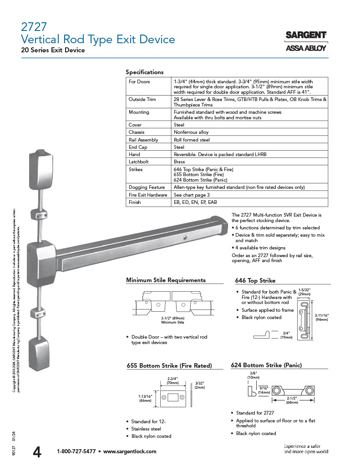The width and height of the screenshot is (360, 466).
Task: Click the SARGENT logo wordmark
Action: (x=305, y=35)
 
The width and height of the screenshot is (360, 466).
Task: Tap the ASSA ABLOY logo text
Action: (x=305, y=48)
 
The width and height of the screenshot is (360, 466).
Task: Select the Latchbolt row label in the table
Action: (x=138, y=162)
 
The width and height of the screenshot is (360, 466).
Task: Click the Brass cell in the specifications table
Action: (x=179, y=162)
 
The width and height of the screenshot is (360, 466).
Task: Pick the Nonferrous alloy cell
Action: (x=191, y=132)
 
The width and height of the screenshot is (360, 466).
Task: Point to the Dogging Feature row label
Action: (x=147, y=187)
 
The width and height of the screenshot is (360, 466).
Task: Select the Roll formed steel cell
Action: (x=192, y=140)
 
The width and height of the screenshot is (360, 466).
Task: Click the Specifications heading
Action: (x=144, y=72)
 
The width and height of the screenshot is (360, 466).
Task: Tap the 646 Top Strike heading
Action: (x=255, y=280)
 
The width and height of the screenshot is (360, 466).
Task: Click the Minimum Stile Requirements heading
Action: (x=166, y=280)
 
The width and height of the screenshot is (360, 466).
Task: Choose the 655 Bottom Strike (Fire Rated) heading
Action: (x=169, y=365)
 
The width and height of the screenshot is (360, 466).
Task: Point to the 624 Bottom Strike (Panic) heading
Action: (x=266, y=365)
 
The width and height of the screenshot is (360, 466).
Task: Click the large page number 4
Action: (x=37, y=451)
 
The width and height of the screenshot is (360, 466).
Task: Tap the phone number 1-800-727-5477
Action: (x=76, y=451)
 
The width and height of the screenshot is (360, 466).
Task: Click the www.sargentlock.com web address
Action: (x=130, y=451)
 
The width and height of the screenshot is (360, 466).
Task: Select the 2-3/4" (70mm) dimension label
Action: (x=172, y=381)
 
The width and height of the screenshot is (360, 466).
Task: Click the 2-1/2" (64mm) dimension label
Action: (x=292, y=400)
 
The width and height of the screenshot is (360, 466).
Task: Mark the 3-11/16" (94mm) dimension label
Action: (x=322, y=317)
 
